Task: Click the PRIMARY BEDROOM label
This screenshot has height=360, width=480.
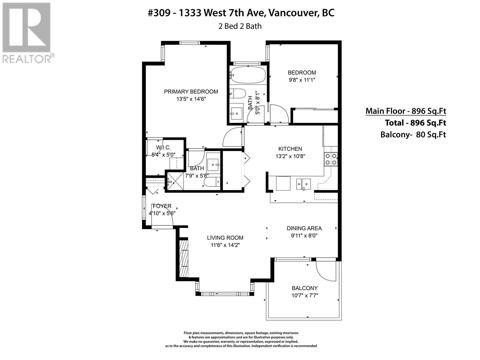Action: click(x=191, y=91)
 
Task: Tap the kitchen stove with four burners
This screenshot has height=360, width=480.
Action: click(x=331, y=159)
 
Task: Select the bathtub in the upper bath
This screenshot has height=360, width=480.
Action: click(x=248, y=75)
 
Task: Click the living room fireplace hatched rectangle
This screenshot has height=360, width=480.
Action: click(x=184, y=259)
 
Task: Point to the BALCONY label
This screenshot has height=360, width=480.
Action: click(x=304, y=288)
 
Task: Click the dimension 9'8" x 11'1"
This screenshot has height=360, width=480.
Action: click(x=302, y=80)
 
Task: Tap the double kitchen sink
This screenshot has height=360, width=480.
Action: click(x=304, y=184)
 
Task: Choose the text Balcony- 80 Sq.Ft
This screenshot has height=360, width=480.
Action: click(x=413, y=134)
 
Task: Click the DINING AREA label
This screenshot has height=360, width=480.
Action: click(x=304, y=228)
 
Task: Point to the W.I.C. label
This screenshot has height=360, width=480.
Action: click(x=163, y=148)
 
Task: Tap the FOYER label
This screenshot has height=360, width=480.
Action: click(x=162, y=206)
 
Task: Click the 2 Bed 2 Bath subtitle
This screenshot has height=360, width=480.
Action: click(x=240, y=26)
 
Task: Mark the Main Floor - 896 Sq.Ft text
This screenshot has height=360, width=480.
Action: click(x=406, y=111)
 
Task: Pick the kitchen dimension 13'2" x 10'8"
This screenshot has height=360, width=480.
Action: click(x=290, y=156)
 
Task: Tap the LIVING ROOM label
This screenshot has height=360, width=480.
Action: click(x=225, y=238)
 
